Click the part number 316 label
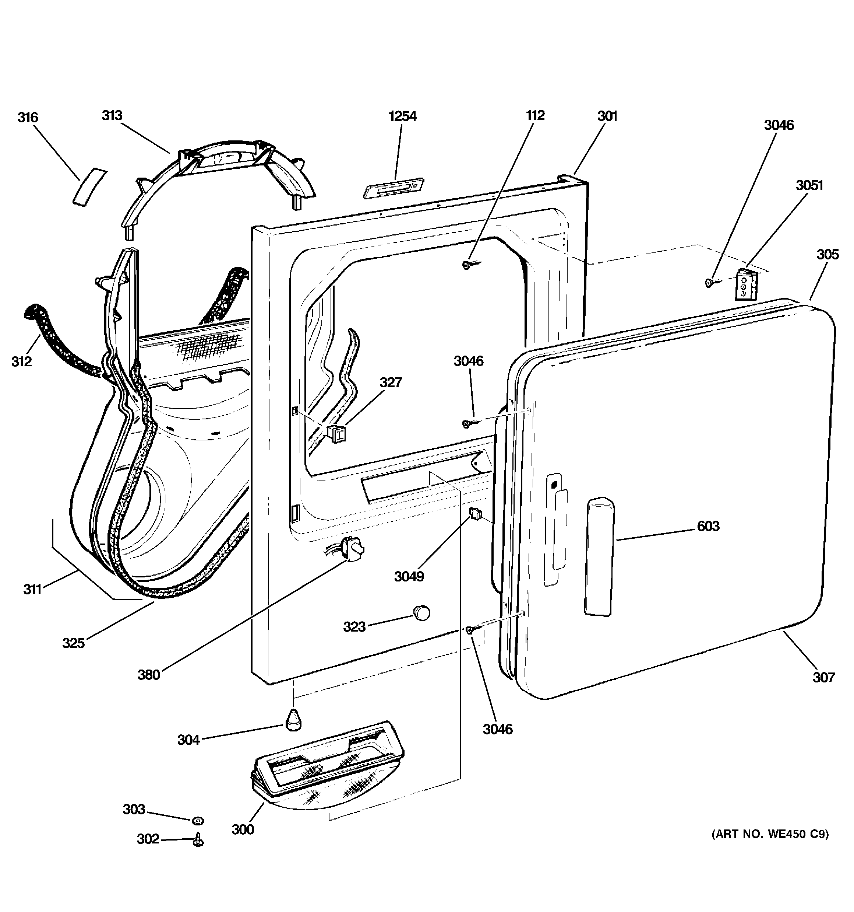[28, 118]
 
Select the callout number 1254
[402, 116]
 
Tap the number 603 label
[708, 526]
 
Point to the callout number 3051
[809, 185]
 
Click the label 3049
[409, 577]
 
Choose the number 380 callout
[149, 675]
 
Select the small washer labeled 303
[198, 820]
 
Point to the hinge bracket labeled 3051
[745, 285]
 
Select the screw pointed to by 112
[467, 265]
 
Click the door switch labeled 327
[338, 433]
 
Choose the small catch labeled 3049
[475, 513]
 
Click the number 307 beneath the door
[824, 677]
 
